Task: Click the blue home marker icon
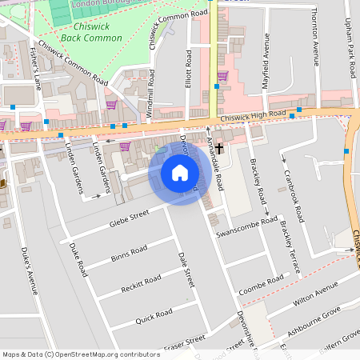coord(180,172)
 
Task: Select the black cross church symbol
coord(218,149)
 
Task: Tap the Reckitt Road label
coord(136,283)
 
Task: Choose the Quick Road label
coord(154,313)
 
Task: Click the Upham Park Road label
coord(348,48)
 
